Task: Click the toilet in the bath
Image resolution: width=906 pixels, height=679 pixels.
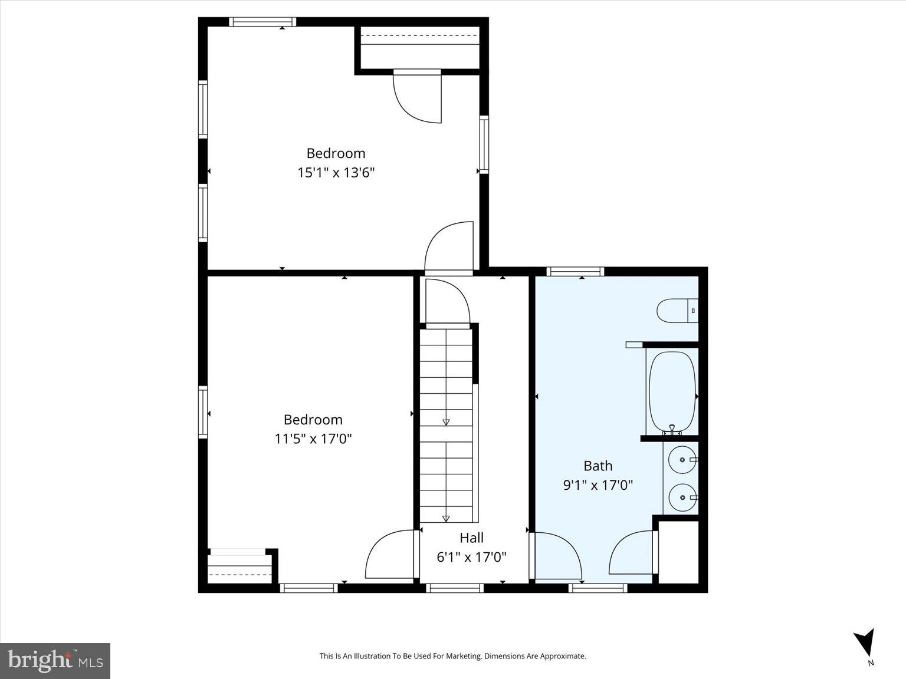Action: [677, 311]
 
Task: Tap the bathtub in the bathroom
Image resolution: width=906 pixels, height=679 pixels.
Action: [672, 391]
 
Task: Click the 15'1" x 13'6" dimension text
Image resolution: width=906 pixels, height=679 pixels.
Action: [336, 173]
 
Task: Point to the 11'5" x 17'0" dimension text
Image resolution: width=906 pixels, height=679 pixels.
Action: [313, 439]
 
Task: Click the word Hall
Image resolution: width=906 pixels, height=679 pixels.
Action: [471, 538]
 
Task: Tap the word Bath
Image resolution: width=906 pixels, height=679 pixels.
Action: [598, 466]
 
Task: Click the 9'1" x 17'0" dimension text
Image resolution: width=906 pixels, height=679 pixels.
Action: [598, 485]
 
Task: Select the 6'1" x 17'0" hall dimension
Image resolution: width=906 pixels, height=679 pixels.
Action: [471, 557]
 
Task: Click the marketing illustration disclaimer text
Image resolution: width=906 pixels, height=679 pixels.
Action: [452, 656]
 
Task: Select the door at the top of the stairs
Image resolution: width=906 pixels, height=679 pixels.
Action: [447, 302]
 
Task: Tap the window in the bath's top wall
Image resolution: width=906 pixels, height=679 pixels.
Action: [575, 272]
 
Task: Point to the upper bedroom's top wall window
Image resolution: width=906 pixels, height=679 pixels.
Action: [262, 22]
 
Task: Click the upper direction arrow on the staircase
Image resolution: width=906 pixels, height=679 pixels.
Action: [446, 421]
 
